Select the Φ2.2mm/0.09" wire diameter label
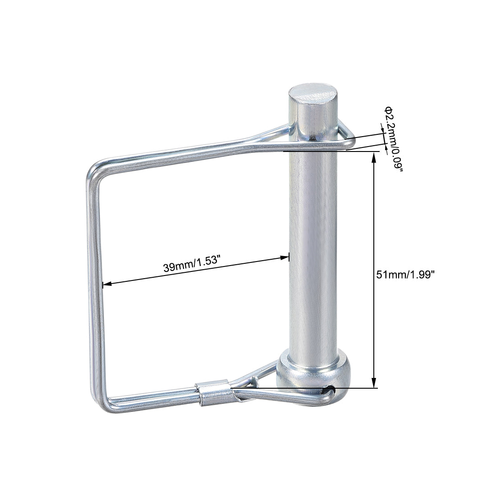pos(393,139)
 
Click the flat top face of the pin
pos(313,93)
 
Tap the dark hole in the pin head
pos(329,389)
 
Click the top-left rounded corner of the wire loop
pos(95,171)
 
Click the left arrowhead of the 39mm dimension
pos(107,284)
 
